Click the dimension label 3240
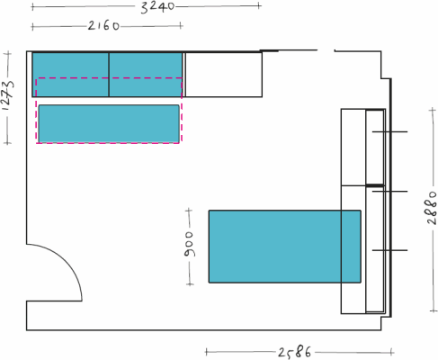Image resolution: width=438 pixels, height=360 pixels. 157,7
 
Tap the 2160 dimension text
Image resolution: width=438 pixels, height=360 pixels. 103,26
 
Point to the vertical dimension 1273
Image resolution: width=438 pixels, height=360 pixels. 8,95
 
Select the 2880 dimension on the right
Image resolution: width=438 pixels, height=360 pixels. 432,207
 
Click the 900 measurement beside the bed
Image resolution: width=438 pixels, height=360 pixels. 189,244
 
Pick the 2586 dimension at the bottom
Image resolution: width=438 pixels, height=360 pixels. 294,352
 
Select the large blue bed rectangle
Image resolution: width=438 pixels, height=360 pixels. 285,247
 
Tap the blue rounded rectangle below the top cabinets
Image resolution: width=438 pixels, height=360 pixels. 109,123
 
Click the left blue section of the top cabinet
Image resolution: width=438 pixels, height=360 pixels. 70,75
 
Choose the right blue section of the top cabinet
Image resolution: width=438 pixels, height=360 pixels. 146,75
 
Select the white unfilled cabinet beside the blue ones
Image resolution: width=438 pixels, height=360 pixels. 224,75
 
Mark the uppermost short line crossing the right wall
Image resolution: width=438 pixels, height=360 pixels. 389,131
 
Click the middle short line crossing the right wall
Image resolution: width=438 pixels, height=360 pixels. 389,191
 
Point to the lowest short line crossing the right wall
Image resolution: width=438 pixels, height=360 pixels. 389,250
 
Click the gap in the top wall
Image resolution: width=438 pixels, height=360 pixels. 326,50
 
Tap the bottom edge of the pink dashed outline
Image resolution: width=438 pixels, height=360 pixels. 108,143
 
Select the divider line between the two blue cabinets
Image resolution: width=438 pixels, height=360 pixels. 109,75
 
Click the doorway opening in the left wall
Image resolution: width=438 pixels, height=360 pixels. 27,273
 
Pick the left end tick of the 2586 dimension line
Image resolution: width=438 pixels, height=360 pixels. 206,352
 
